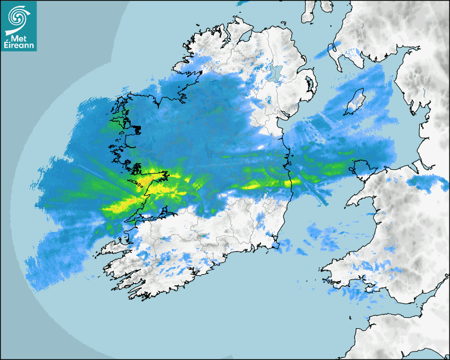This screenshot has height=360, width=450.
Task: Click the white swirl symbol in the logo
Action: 18,17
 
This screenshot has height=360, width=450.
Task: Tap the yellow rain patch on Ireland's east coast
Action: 289,183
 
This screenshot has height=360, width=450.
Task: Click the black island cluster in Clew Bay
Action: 137,129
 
